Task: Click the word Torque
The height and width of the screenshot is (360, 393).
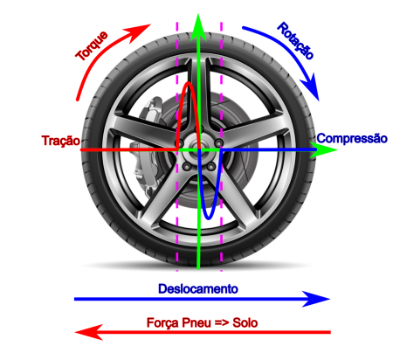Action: [92, 45]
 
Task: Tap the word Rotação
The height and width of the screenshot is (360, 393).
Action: [295, 41]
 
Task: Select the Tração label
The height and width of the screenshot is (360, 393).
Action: [61, 141]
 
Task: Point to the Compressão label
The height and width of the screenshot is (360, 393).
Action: [352, 138]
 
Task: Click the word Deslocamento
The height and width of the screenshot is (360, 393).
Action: [198, 289]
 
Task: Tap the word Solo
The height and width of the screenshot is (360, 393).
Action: [245, 322]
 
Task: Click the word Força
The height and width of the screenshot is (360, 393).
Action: [162, 323]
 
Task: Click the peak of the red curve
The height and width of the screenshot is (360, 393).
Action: [189, 83]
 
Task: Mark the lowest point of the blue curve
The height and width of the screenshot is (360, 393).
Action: [209, 218]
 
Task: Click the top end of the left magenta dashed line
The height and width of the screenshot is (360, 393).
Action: [177, 23]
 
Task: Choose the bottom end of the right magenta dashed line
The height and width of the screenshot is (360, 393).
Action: [221, 271]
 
